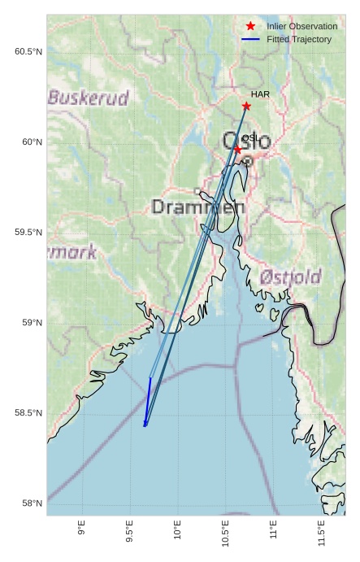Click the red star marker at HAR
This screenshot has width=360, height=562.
click(x=246, y=106)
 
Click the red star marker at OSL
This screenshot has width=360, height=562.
click(x=237, y=150)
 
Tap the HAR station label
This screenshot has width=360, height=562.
click(x=260, y=94)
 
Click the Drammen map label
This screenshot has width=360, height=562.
click(x=198, y=207)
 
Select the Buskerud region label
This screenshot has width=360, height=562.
click(x=88, y=98)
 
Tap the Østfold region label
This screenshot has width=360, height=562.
click(x=291, y=277)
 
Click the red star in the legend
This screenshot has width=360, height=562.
click(x=250, y=26)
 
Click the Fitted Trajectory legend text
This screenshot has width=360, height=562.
click(x=299, y=39)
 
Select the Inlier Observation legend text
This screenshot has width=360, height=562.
click(x=301, y=26)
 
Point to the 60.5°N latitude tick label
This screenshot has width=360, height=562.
click(x=28, y=52)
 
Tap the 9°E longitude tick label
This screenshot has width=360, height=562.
click(x=81, y=528)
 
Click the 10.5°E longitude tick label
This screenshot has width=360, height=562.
click(x=225, y=533)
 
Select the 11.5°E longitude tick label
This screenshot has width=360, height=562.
click(x=321, y=533)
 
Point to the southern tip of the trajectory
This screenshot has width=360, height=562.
click(x=145, y=425)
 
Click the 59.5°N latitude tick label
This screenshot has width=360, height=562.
click(x=28, y=233)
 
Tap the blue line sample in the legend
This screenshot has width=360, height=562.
click(x=250, y=39)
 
